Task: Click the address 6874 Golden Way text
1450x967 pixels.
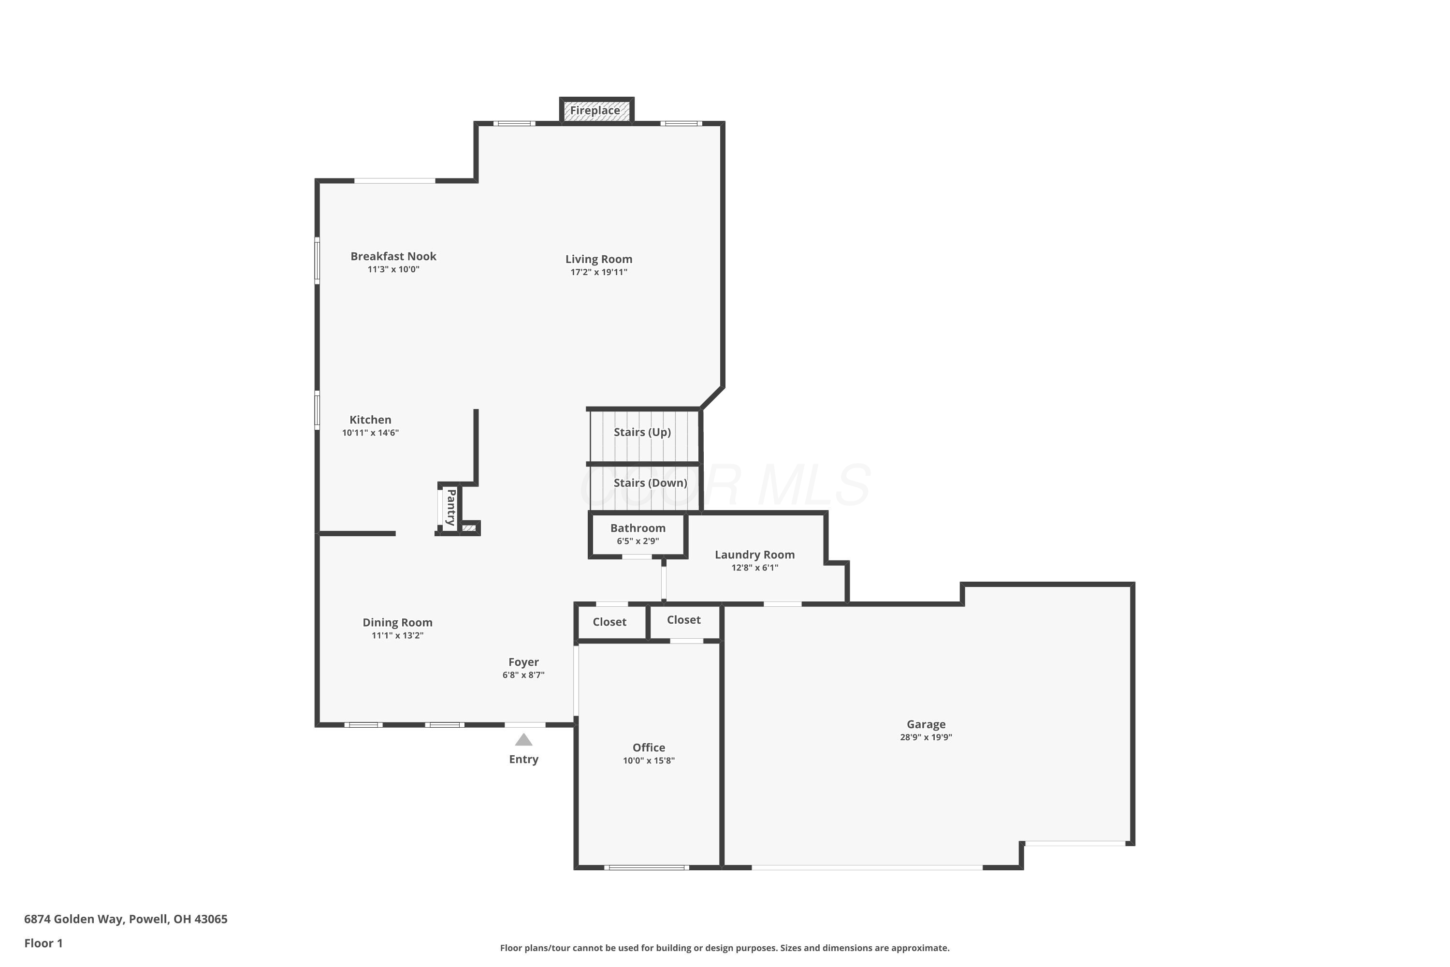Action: click(x=126, y=919)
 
